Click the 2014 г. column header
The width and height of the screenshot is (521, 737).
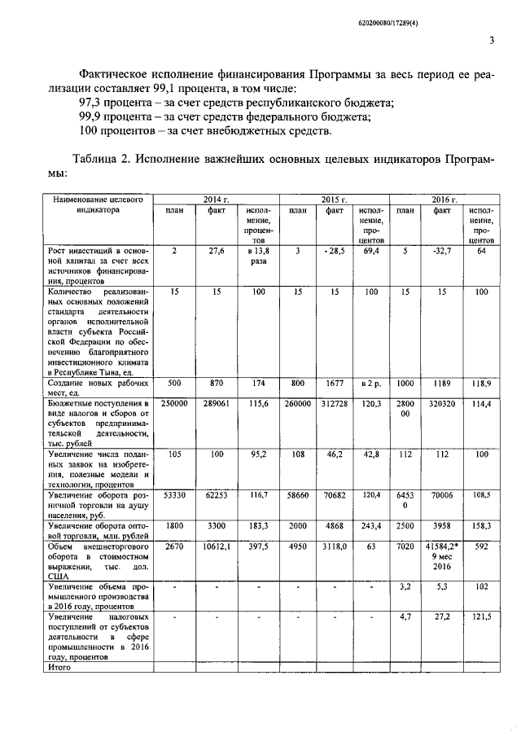point(217,199)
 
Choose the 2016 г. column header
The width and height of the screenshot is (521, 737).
point(444,199)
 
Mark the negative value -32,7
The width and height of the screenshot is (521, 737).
point(443,252)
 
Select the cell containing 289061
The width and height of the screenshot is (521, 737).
point(217,403)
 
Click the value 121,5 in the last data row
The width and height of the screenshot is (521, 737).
point(481,619)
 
